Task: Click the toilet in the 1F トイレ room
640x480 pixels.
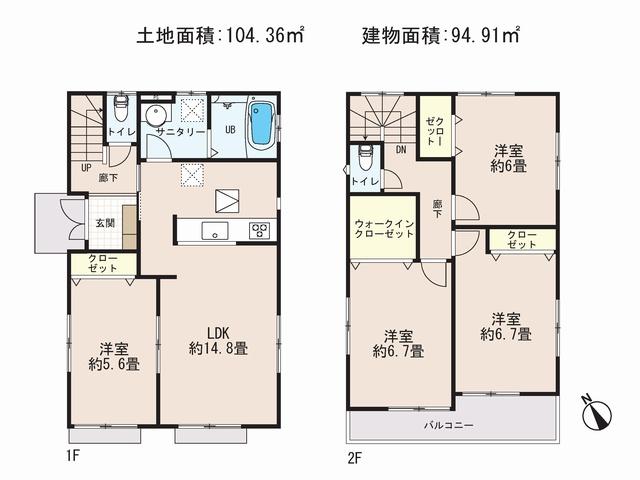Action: (x=121, y=103)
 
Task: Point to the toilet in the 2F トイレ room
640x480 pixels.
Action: (x=366, y=158)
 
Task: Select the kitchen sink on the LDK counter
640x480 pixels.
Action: (x=214, y=230)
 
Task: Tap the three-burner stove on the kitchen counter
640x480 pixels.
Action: (x=259, y=230)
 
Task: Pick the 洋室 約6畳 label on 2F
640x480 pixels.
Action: (x=507, y=158)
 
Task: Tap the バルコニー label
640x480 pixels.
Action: (x=448, y=425)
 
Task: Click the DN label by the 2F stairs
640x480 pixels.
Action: (x=401, y=150)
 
